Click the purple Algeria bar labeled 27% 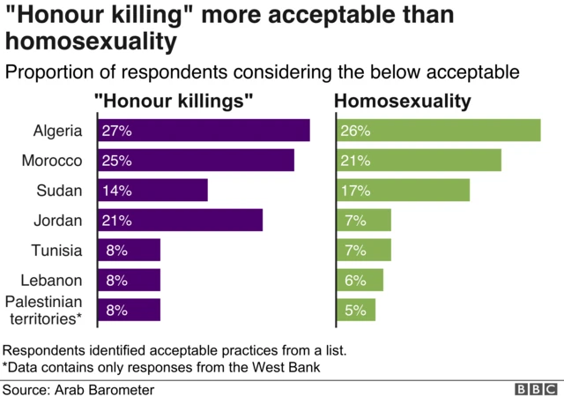203,131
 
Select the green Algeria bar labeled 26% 438,131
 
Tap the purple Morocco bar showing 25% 195,161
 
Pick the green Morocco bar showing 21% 419,161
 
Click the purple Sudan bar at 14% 152,191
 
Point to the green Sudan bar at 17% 403,191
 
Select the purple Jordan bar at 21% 179,221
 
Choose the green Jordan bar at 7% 363,221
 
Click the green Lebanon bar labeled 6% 360,281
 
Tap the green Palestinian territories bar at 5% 356,311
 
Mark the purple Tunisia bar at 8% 128,251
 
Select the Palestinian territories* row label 44,310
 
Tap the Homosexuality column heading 403,101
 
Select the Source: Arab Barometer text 78,389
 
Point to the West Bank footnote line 160,366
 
